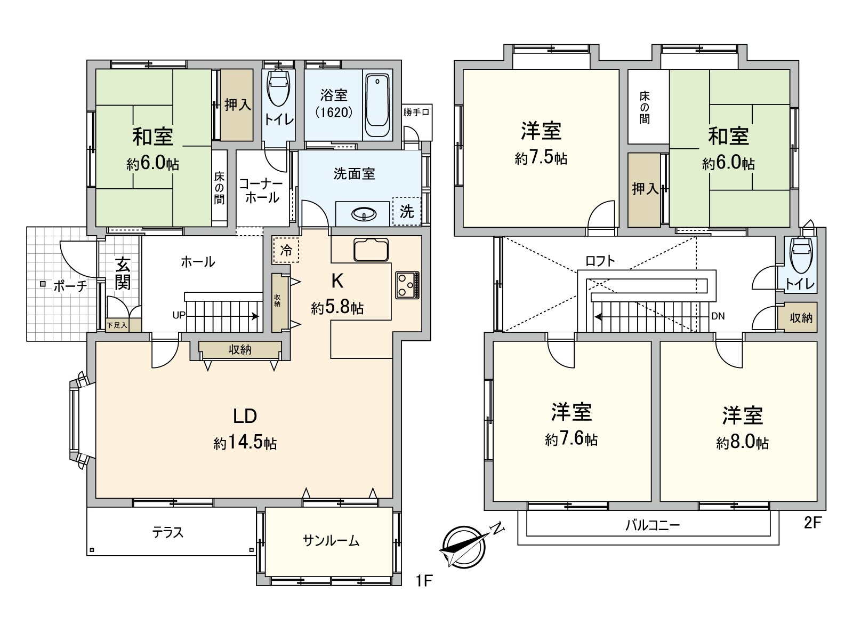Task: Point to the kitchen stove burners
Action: click(407, 285)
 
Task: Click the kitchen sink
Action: click(371, 250)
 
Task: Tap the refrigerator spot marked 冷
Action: click(286, 250)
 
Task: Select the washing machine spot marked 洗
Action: click(406, 211)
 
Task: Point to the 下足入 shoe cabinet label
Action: click(117, 325)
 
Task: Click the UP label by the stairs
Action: click(179, 315)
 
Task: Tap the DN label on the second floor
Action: click(718, 316)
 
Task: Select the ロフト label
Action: click(600, 261)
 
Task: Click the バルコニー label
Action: click(652, 525)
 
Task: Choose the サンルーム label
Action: click(331, 541)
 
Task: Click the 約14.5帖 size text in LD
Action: click(245, 443)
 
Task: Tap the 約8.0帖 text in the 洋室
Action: click(742, 443)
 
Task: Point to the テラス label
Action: click(167, 532)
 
